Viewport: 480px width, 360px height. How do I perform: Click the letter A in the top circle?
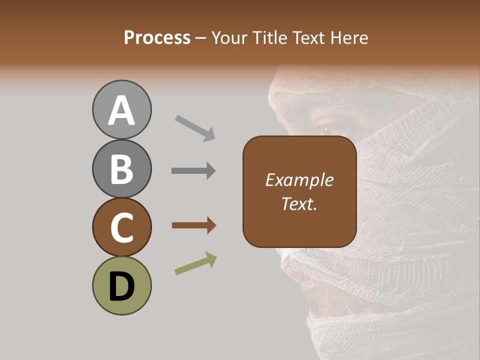click(121, 110)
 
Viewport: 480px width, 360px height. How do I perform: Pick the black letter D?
click(121, 286)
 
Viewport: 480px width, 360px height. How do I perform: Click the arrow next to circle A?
click(195, 127)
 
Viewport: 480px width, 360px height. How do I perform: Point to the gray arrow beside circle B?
click(193, 171)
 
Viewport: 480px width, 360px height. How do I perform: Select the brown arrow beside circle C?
click(193, 226)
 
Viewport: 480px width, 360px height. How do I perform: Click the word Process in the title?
click(157, 38)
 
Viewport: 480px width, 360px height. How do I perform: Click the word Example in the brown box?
click(299, 180)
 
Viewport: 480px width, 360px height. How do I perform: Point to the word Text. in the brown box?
click(299, 204)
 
